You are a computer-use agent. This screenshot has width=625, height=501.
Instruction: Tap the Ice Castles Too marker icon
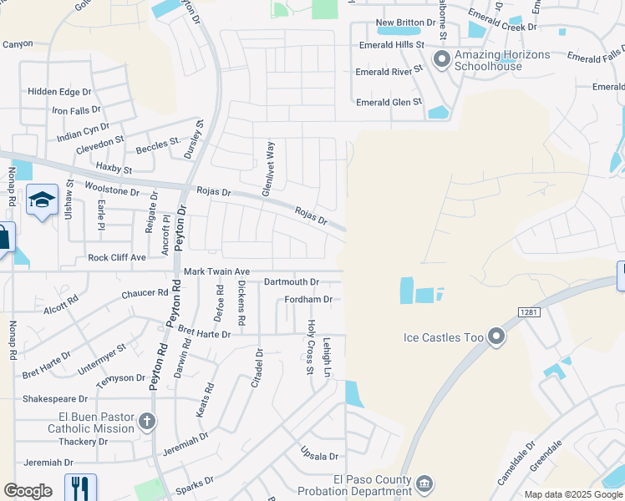pos(497,337)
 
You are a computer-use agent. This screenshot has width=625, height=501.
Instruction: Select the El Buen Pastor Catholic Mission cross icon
pos(147,421)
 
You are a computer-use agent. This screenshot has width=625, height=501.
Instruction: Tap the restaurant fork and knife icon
pos(80,487)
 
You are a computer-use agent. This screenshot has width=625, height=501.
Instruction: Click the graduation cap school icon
pos(42,200)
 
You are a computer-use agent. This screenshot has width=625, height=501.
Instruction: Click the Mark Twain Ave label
pos(217,272)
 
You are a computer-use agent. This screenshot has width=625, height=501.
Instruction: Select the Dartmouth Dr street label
pos(292,283)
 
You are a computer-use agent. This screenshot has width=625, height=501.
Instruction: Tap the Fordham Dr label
pos(308,300)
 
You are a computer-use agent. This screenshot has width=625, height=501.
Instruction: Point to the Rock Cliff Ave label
pos(117,258)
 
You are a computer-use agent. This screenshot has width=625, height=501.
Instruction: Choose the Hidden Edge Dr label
pos(59,91)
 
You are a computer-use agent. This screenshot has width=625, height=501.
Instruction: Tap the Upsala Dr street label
pos(319,457)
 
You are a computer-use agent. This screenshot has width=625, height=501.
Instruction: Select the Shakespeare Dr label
pos(55,399)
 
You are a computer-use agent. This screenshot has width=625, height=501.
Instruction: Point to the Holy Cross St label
pos(311,335)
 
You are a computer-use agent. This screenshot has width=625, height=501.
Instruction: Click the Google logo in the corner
pos(28,491)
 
